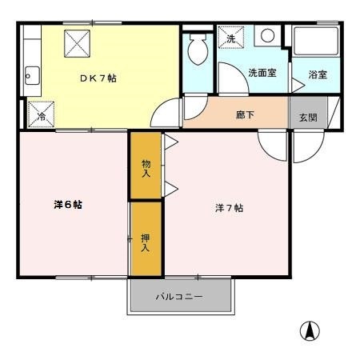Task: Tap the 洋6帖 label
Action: click(x=68, y=205)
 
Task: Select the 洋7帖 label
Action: click(x=229, y=208)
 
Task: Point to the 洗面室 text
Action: click(x=262, y=73)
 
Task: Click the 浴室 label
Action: click(x=318, y=75)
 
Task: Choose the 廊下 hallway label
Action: click(x=246, y=115)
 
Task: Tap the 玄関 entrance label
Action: click(x=308, y=117)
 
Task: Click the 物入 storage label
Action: click(x=146, y=168)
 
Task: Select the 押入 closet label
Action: click(x=146, y=242)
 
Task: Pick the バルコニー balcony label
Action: click(x=179, y=297)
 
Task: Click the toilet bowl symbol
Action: click(x=198, y=52)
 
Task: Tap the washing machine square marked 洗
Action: click(x=230, y=38)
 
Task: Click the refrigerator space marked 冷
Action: click(x=41, y=114)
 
